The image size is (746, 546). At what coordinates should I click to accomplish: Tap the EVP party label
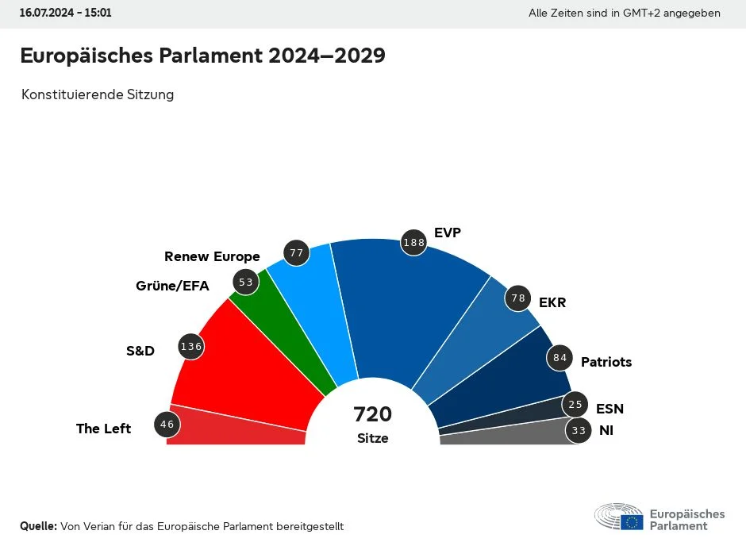point(448,233)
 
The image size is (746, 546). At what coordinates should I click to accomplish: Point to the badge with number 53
point(246,282)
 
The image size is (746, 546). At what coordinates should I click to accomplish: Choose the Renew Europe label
point(212,256)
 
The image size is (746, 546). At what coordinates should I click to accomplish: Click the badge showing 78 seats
point(519,298)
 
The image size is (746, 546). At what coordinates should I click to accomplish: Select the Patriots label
point(606,362)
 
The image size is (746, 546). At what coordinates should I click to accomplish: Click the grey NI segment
point(508,434)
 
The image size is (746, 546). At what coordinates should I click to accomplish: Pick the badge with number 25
point(576,405)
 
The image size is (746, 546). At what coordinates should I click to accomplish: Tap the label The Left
point(103,429)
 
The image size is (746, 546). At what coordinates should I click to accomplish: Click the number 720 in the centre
point(373,414)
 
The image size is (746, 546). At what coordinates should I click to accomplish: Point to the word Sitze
point(373,438)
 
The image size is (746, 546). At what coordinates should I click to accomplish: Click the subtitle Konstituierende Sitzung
point(98,94)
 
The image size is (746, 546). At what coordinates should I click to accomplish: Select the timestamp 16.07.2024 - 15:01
point(66,13)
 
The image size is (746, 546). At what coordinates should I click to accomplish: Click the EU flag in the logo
point(633,521)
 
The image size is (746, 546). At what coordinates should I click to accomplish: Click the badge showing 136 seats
point(192,346)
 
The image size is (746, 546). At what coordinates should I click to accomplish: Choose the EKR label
point(552,303)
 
